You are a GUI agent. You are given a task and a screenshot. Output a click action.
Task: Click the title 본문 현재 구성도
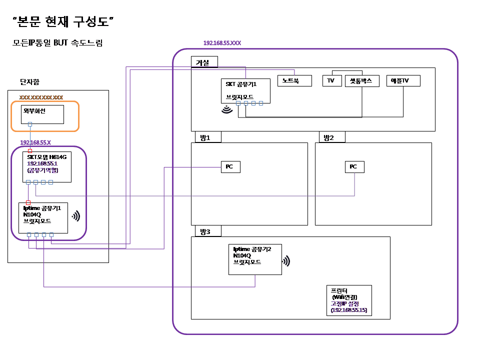pos(64,21)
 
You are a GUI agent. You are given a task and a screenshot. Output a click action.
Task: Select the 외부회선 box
pos(42,114)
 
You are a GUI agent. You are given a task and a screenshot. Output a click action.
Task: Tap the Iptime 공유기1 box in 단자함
pos(43,217)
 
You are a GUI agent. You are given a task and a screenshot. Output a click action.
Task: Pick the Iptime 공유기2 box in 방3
pos(255,259)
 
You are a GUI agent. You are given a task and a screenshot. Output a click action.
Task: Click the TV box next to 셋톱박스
pos(331,80)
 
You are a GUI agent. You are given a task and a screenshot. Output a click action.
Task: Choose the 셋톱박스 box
pos(362,80)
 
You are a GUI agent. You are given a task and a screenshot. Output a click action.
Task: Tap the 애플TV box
pos(403,80)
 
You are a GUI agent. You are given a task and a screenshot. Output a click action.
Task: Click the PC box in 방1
pos(230,166)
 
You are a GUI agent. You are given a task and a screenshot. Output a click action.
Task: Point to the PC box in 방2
pos(354,166)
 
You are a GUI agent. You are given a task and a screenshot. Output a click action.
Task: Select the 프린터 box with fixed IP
pos(349,301)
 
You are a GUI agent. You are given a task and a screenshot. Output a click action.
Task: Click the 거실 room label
pos(204,61)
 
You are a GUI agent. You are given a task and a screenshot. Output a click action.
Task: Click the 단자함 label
pos(29,81)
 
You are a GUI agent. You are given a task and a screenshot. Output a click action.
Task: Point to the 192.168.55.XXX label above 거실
pos(222,43)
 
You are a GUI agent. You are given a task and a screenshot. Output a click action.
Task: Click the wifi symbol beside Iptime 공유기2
pos(286,261)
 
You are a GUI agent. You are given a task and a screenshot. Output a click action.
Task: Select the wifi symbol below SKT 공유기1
pos(227,109)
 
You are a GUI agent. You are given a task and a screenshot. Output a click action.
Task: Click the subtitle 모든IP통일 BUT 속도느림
pos(57,43)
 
